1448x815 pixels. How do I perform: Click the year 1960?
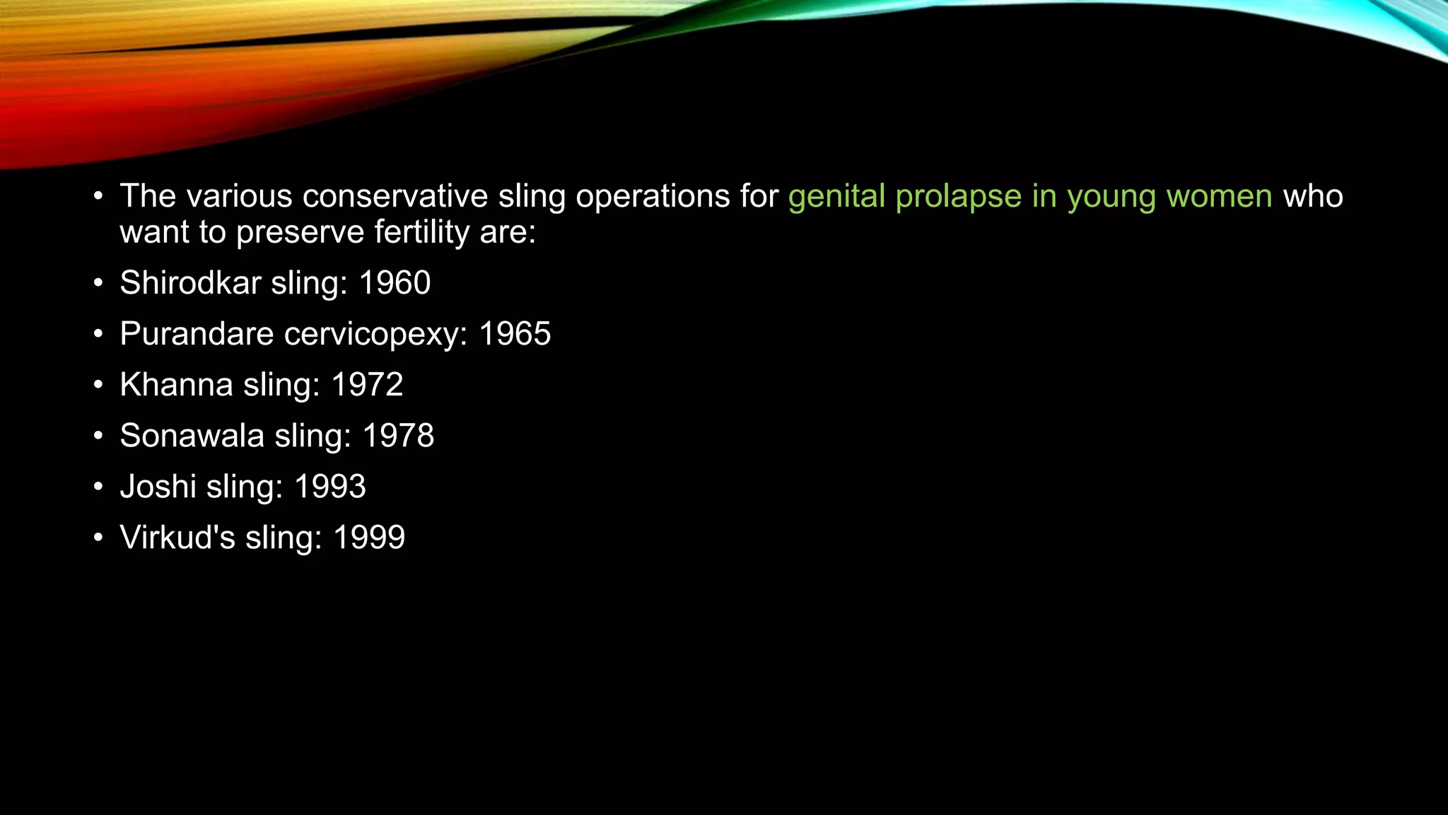(395, 283)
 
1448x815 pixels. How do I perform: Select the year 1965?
(515, 334)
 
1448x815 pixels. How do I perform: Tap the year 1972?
(367, 385)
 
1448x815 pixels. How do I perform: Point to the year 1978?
(398, 436)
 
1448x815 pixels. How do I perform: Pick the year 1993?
(330, 487)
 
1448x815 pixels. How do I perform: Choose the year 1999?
(369, 538)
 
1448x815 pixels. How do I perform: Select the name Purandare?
(197, 334)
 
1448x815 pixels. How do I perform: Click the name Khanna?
(176, 385)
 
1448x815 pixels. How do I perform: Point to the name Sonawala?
(192, 436)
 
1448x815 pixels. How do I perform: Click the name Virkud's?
(177, 538)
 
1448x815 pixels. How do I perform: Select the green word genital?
(836, 197)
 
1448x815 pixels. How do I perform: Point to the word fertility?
(422, 233)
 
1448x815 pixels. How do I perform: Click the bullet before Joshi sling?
(98, 487)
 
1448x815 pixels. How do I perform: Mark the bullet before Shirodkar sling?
(98, 284)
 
